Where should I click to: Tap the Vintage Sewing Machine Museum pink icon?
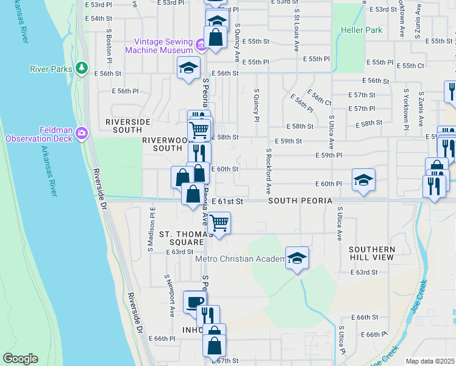[200, 43]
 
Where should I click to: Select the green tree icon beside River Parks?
[80, 68]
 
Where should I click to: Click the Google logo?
[21, 359]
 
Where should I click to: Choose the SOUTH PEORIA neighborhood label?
[299, 201]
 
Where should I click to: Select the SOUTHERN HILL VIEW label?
[372, 254]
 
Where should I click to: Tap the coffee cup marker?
[195, 301]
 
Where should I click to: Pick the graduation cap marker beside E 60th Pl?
[363, 180]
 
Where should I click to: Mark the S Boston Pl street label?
[109, 46]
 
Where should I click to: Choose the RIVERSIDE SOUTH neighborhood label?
[128, 126]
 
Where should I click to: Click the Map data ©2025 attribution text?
[430, 361]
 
